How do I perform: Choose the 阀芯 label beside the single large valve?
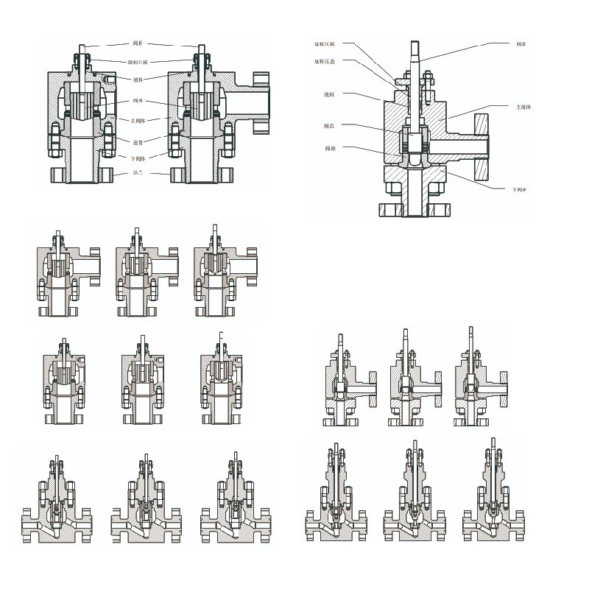[x=330, y=127]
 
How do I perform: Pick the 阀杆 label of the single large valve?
[x=523, y=45]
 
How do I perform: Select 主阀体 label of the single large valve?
[x=523, y=107]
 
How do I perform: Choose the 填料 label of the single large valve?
[x=328, y=94]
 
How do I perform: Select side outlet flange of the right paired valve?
[x=260, y=103]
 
